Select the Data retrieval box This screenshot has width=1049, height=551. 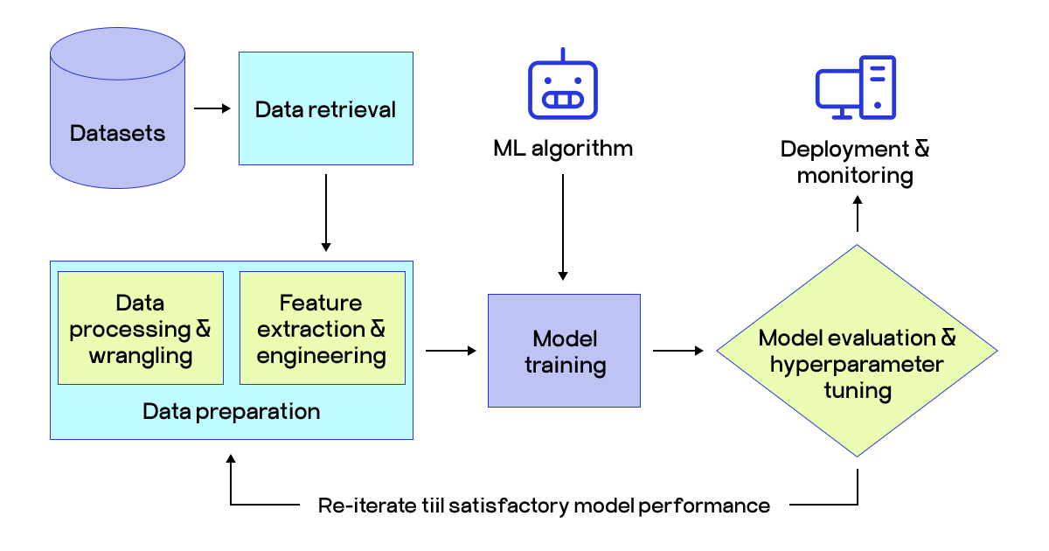325,108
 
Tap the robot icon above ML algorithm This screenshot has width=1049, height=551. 562,88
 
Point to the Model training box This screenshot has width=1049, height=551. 564,351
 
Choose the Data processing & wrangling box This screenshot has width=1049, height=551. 141,329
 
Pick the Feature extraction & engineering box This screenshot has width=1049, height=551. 322,329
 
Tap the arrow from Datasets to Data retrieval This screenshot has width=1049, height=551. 212,108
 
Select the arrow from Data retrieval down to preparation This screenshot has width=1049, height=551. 325,212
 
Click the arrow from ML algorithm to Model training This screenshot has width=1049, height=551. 563,227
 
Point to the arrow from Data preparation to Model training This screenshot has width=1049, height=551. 451,351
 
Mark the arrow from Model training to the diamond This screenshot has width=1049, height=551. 678,351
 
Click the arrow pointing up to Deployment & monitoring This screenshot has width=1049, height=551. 858,213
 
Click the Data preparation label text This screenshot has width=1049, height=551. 231,411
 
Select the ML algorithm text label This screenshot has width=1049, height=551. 563,148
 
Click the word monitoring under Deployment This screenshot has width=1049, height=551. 855,176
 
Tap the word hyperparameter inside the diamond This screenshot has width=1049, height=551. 857,364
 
